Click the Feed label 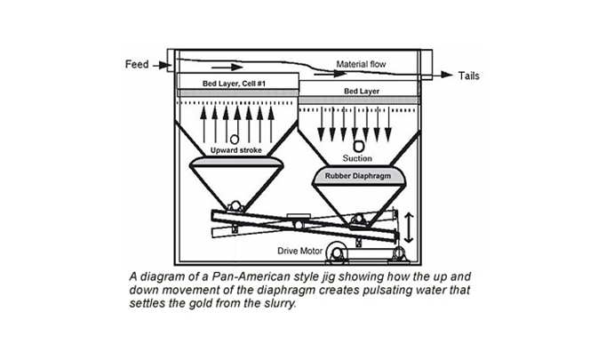pos(138,65)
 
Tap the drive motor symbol pos(341,253)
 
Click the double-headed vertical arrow pos(409,226)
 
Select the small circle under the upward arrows pos(234,140)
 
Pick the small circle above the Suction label pos(357,146)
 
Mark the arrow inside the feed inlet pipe pos(227,67)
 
